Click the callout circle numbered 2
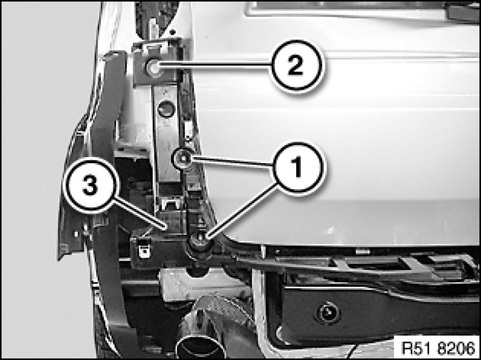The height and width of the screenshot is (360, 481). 296,66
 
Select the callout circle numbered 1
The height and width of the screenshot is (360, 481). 298,168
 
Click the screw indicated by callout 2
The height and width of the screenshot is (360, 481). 153,67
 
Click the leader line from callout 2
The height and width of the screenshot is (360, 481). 215,65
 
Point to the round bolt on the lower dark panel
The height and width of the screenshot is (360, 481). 328,313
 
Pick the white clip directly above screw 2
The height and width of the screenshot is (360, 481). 154,47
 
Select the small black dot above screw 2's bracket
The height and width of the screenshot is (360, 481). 173,31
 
